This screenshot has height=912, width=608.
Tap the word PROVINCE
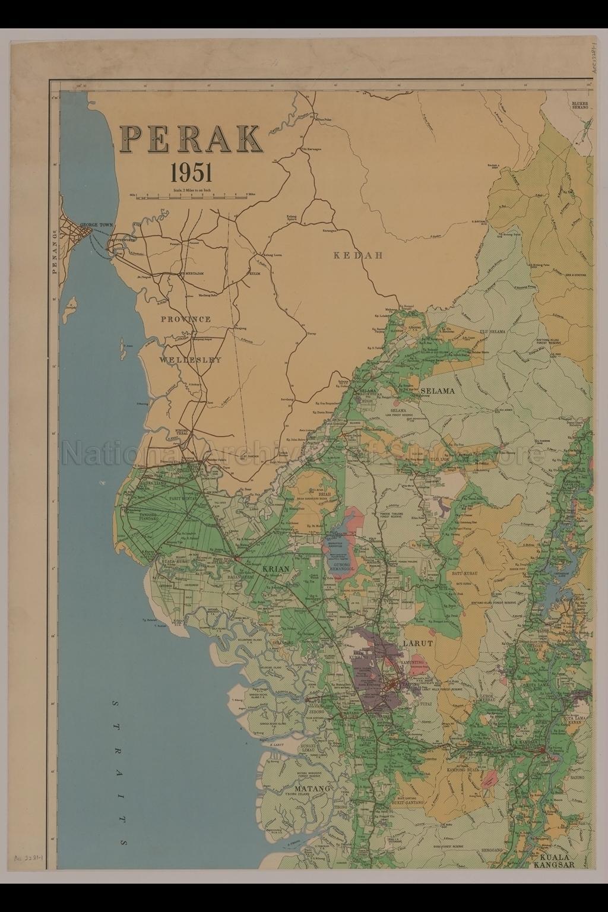point(186,319)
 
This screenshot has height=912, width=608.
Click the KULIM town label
point(255,274)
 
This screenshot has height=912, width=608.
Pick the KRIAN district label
point(275,569)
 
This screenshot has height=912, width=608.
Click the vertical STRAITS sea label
point(122,772)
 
